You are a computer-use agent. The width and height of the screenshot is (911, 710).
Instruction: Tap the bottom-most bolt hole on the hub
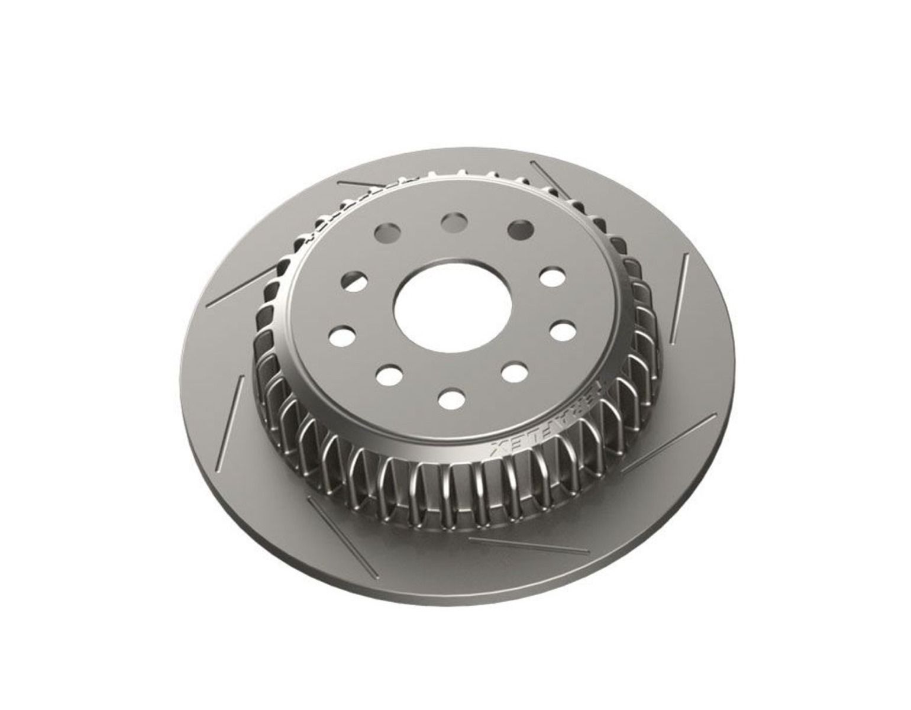pyautogui.click(x=451, y=397)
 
